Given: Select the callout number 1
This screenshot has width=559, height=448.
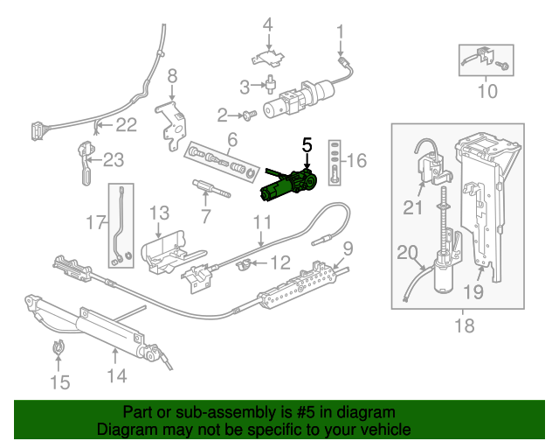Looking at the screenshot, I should pos(340,33).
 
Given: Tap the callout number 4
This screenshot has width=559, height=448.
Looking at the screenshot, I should pos(268,24).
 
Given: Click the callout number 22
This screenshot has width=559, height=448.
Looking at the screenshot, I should pos(127,125).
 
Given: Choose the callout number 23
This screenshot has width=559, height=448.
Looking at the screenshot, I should pos(114,160).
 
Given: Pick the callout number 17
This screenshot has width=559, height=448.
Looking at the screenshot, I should pos(95,223).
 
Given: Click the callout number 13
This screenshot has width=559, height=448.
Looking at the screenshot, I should pos(158,213).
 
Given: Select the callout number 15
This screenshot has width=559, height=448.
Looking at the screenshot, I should pos(59,381).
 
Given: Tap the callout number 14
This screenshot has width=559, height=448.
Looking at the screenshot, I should pos(116,375).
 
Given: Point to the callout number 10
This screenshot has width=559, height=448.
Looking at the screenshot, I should pos(487,90).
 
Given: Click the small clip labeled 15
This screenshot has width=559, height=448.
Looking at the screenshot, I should pos(59,347).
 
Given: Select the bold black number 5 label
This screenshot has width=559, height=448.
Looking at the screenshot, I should pos(307,143).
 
